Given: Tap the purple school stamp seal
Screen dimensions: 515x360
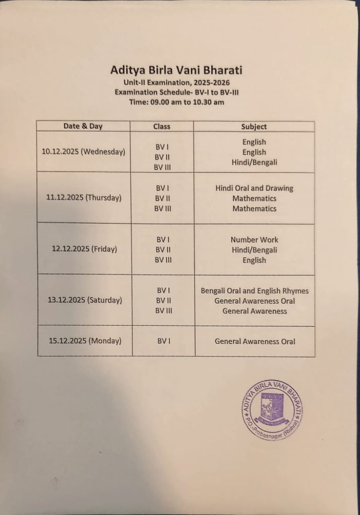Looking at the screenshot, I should tap(272, 410).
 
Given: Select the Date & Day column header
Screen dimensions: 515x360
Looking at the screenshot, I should tap(83, 126).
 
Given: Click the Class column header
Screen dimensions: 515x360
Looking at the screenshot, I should tap(162, 127).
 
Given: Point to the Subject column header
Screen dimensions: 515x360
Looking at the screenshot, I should tap(254, 127).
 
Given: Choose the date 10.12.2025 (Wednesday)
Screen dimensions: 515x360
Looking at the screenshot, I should tap(83, 151).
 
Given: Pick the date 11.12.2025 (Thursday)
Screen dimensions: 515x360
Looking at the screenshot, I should tap(84, 198).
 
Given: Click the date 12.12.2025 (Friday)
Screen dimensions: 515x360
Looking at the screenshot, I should tap(84, 249).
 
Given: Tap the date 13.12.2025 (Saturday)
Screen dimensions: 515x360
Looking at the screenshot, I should tap(85, 300).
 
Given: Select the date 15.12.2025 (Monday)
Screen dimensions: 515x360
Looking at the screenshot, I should tap(85, 340).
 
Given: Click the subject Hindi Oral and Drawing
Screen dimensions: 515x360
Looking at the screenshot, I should tap(254, 188).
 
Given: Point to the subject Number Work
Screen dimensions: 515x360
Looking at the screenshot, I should tap(254, 239).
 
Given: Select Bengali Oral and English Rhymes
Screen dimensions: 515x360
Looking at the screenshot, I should tap(254, 291).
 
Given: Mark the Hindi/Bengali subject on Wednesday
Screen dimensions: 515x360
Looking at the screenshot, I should tap(254, 162).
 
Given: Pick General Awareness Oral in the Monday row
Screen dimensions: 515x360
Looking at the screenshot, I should tap(255, 341).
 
